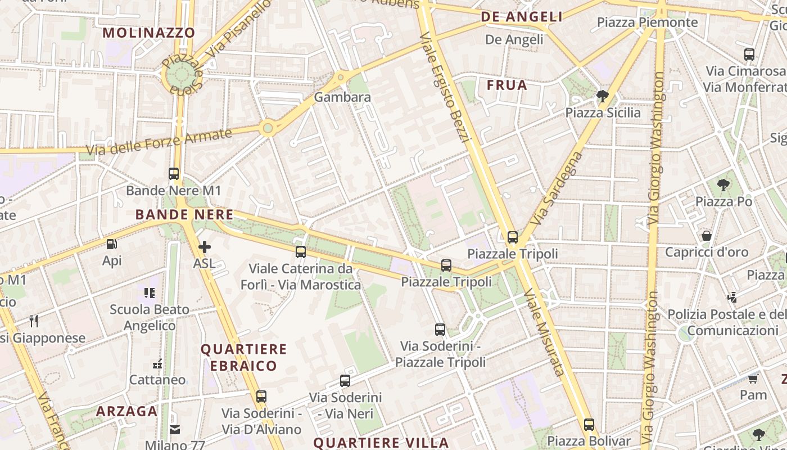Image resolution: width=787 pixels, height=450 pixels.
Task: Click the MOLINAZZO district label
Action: click(x=149, y=33)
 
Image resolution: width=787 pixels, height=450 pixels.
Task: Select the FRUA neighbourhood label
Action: click(x=506, y=85)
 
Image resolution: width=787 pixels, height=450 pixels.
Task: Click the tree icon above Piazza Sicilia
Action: click(x=603, y=96)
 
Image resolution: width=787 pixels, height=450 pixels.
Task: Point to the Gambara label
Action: click(x=342, y=97)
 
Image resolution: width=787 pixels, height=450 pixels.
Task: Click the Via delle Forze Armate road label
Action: click(x=159, y=142)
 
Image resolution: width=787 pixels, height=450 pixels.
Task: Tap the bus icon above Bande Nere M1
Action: click(x=174, y=174)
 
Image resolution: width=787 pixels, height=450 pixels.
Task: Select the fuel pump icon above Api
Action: click(x=112, y=244)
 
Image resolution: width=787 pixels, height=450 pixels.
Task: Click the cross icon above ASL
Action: click(x=205, y=246)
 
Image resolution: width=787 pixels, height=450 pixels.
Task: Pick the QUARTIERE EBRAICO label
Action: click(x=243, y=358)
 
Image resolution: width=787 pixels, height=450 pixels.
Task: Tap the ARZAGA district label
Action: click(x=126, y=411)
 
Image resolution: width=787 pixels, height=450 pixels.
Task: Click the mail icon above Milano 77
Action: click(x=175, y=430)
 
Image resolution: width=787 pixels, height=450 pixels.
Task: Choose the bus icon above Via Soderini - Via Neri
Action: click(x=345, y=381)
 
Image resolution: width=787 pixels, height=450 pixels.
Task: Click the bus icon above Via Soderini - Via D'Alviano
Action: click(x=261, y=396)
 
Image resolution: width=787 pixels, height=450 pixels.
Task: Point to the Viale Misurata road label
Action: click(x=544, y=332)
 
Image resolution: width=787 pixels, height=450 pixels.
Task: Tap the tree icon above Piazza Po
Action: click(x=723, y=184)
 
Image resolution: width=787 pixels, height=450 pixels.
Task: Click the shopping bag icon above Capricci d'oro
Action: click(x=707, y=236)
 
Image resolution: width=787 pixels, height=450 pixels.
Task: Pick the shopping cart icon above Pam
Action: click(x=753, y=379)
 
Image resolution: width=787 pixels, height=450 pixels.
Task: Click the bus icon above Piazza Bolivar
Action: click(x=589, y=425)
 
